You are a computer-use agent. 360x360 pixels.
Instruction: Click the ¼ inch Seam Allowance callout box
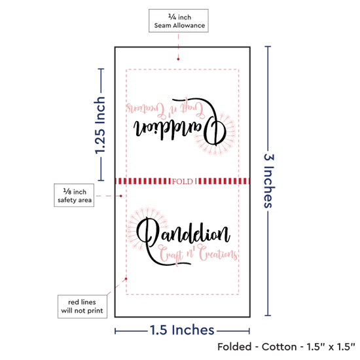click(x=179, y=21)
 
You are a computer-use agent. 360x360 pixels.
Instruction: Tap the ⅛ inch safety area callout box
click(x=74, y=195)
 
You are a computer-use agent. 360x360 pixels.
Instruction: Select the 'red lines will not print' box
click(x=82, y=306)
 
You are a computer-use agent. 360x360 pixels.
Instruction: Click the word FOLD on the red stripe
click(x=183, y=181)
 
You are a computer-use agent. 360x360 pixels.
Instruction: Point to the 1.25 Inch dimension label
click(x=100, y=125)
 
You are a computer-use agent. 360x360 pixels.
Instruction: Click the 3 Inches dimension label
click(x=269, y=181)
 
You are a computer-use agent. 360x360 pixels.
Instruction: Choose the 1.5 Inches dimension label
click(x=182, y=330)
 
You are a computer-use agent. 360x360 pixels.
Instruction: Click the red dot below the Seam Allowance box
click(x=178, y=59)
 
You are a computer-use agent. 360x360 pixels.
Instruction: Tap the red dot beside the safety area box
click(x=121, y=196)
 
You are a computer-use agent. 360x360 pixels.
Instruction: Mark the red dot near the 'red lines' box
click(x=126, y=279)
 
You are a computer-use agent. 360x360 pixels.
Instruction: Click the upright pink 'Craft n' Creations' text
click(x=198, y=255)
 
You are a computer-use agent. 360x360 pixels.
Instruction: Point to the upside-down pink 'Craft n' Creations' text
click(x=166, y=109)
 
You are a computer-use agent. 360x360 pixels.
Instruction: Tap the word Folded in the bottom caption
click(x=234, y=347)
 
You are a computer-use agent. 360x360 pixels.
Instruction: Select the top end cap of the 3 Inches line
click(x=268, y=46)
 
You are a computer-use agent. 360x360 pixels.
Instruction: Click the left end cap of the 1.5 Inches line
click(x=115, y=331)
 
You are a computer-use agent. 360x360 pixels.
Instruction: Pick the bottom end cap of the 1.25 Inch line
click(x=101, y=181)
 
